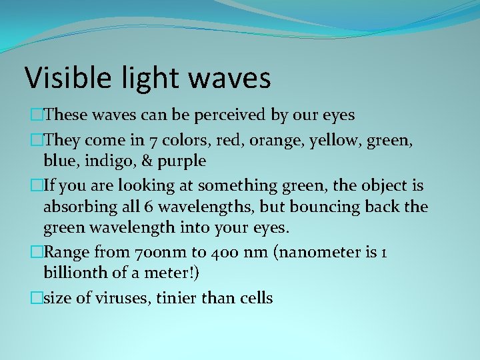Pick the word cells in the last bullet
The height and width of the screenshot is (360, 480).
(254, 297)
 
